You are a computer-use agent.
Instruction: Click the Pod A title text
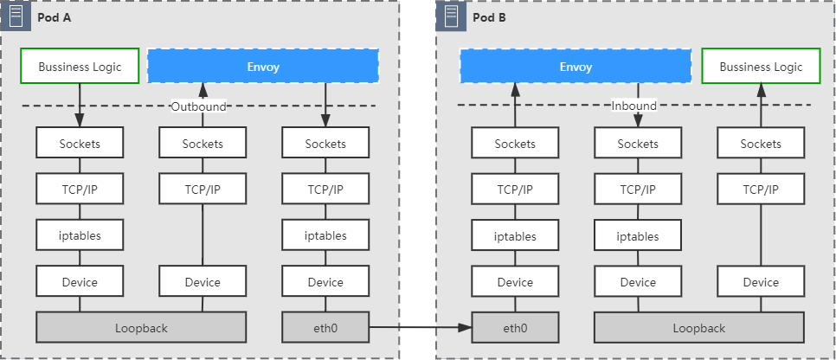(x=55, y=17)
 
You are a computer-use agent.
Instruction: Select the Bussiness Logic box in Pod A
(x=80, y=66)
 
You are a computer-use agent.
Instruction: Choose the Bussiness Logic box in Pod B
(x=761, y=66)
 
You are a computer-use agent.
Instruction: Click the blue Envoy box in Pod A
(x=263, y=66)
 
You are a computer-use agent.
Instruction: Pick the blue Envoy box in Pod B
(x=576, y=66)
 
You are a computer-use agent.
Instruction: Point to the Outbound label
(x=198, y=106)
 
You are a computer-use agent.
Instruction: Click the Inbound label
(x=634, y=106)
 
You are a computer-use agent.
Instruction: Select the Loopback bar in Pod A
(x=141, y=327)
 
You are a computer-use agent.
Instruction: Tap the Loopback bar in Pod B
(x=699, y=327)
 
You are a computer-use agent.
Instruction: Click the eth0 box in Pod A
(x=325, y=327)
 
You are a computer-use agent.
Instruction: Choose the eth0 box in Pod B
(x=515, y=327)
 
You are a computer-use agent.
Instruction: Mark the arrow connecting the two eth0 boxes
(x=420, y=327)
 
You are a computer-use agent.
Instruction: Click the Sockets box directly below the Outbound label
(x=203, y=143)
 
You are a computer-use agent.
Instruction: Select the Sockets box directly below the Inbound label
(x=638, y=143)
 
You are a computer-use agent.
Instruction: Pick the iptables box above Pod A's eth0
(x=325, y=235)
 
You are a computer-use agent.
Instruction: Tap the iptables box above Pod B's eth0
(x=515, y=235)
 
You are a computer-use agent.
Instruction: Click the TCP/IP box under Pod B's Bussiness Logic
(x=761, y=189)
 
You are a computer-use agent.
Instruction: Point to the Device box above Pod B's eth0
(x=515, y=281)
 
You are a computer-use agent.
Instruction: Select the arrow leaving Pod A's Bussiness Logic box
(x=80, y=105)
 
